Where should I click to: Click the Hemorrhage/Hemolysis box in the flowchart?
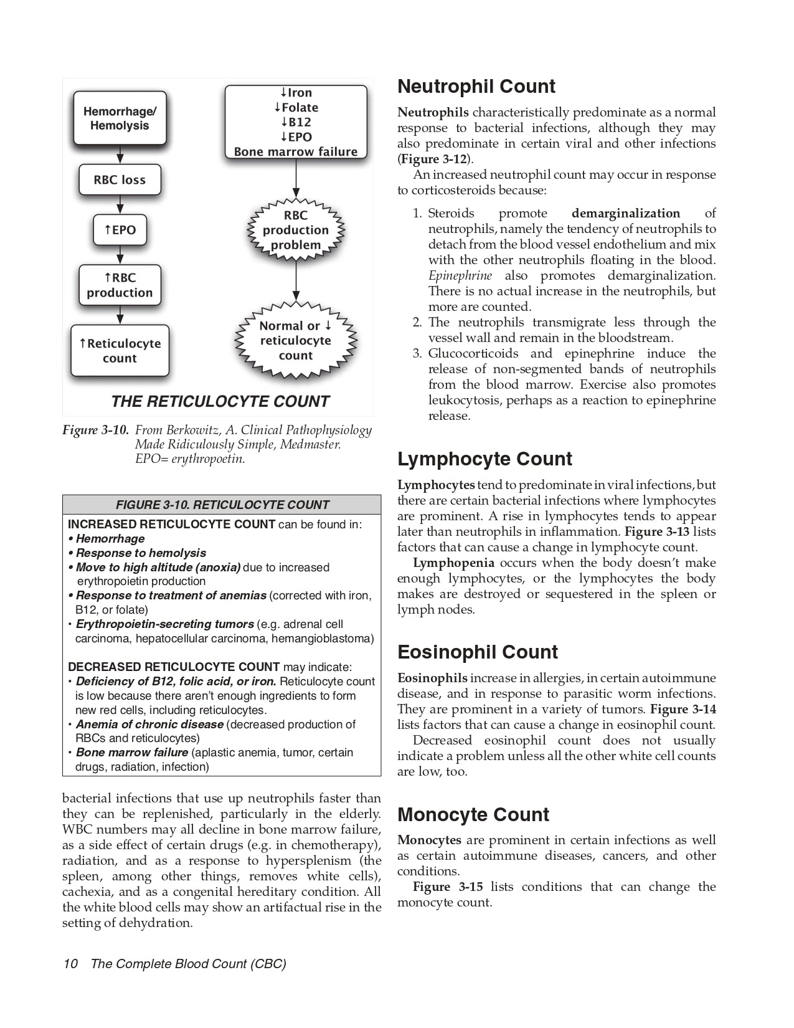(120, 118)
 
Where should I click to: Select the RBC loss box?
(120, 180)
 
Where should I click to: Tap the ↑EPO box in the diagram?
(120, 230)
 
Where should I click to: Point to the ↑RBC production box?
(120, 285)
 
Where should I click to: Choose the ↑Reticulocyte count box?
(120, 351)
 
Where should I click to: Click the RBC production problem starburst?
(296, 230)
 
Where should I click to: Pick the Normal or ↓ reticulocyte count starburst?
(296, 341)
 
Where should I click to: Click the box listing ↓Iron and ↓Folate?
(296, 122)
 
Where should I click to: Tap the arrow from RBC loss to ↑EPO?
(120, 205)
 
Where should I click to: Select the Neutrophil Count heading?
(476, 87)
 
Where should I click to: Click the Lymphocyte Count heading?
(484, 459)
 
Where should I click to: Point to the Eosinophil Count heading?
(478, 652)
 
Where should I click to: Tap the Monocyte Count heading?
(473, 815)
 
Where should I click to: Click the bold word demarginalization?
(625, 213)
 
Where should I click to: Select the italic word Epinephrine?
(460, 275)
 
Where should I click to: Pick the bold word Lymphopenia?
(453, 563)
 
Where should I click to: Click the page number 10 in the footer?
(70, 964)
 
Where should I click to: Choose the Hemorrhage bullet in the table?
(110, 539)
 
